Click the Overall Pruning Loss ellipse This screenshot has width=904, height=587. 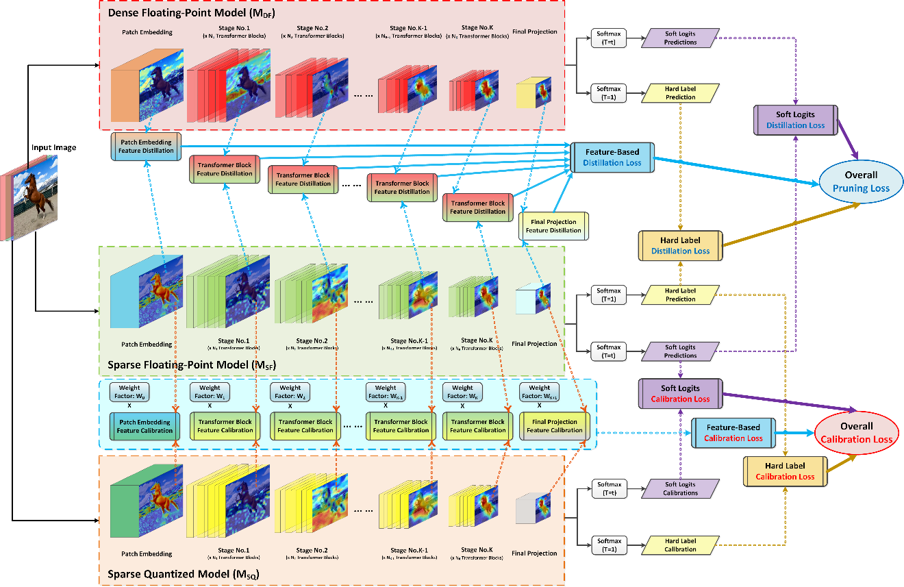click(860, 181)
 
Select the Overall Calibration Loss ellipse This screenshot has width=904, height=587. click(857, 433)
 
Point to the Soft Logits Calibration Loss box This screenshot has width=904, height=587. click(679, 393)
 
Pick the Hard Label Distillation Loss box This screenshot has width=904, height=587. click(680, 245)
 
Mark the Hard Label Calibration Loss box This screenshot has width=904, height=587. click(785, 471)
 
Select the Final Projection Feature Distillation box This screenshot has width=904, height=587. click(553, 225)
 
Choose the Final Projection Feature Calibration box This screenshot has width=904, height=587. click(553, 425)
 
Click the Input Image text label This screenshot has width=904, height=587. click(53, 147)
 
